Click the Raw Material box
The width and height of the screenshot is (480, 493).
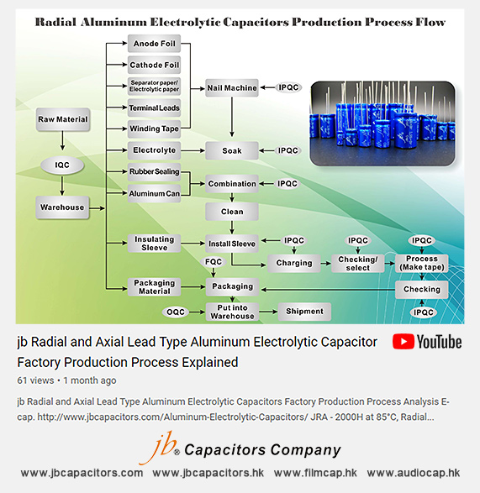pos(63,119)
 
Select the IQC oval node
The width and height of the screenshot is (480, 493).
pos(62,165)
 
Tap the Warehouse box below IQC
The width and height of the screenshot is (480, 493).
pos(62,207)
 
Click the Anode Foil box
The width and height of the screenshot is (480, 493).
pos(154,43)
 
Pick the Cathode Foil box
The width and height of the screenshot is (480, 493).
pos(154,65)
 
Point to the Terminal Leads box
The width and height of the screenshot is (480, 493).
pos(154,108)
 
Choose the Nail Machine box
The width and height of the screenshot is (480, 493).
pos(232,87)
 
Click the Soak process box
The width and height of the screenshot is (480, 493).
pos(232,151)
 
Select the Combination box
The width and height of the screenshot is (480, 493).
pos(232,183)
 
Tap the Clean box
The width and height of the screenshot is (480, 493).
pos(232,212)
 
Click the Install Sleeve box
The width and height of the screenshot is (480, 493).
pos(232,244)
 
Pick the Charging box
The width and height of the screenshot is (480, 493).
pos(294,263)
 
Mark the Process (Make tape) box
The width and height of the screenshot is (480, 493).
pos(422,263)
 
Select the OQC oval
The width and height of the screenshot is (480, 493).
pos(177,312)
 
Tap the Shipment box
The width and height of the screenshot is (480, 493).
pos(303,312)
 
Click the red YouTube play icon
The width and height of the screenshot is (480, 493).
pos(403,342)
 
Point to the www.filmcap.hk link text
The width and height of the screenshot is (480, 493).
pos(315,473)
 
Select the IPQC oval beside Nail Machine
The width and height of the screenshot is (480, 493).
pos(288,87)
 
